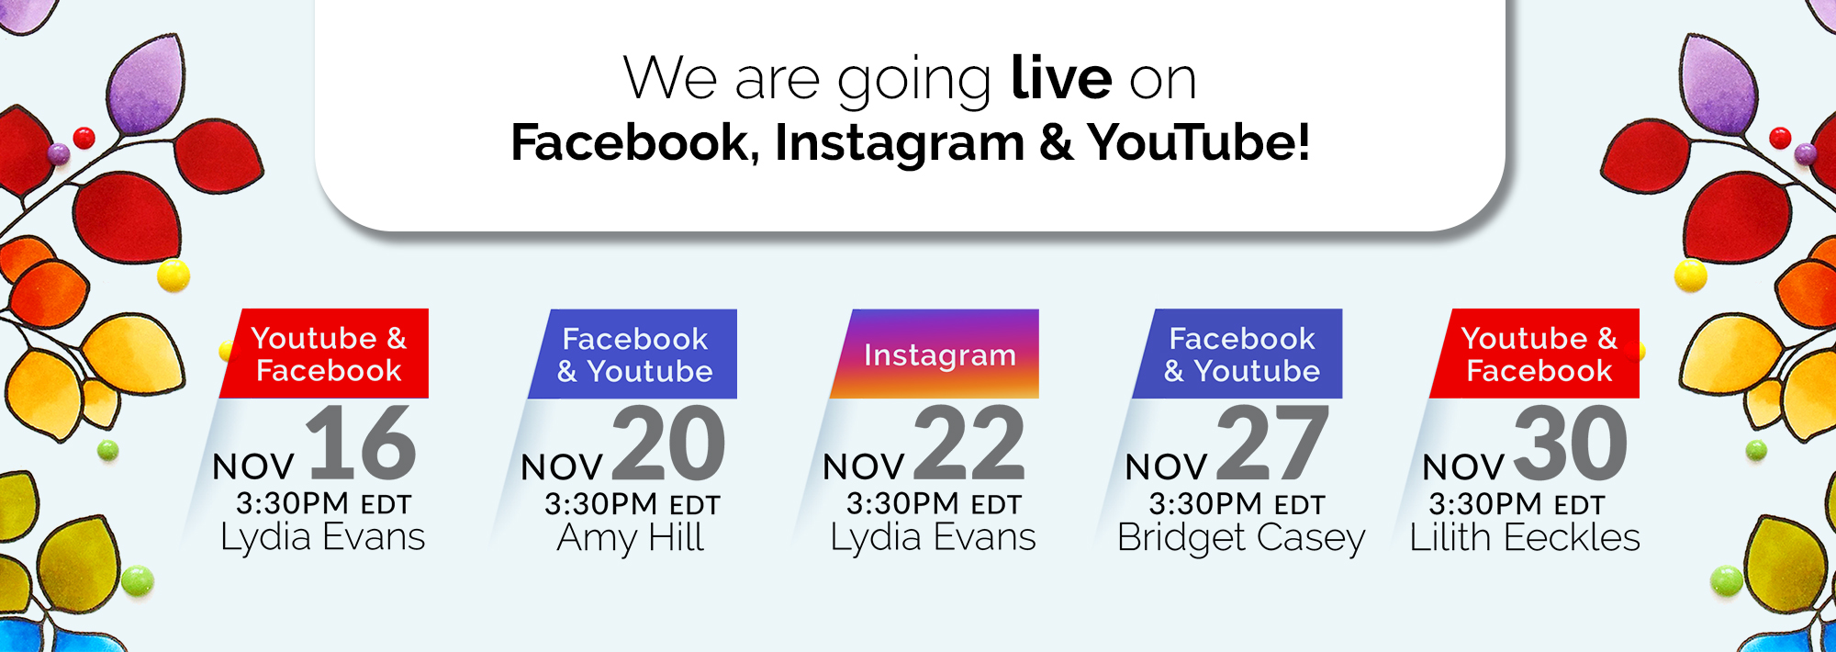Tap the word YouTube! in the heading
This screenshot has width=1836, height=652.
(1199, 142)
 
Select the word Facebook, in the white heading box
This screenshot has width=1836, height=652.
(635, 143)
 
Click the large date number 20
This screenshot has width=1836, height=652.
(668, 444)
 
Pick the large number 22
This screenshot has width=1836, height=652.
(969, 444)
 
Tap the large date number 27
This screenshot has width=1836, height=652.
(1273, 444)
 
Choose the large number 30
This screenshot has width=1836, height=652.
(1571, 444)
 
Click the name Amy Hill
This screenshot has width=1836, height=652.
(631, 538)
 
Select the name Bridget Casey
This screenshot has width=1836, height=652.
(1241, 538)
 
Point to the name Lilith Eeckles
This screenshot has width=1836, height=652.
(1525, 537)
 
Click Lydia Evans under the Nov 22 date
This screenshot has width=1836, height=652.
(933, 538)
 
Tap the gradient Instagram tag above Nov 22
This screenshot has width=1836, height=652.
(935, 354)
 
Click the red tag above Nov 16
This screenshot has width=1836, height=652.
(324, 354)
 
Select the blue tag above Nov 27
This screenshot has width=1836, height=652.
(1237, 354)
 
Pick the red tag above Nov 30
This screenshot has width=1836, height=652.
(1535, 354)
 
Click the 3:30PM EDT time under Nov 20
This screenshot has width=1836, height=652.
(633, 504)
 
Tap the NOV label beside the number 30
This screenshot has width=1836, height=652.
(1463, 467)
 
